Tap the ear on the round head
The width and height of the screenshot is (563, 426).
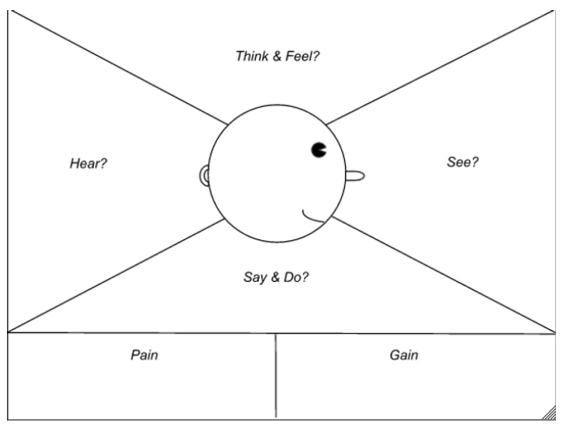click(x=205, y=176)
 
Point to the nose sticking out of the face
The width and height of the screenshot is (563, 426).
click(x=354, y=176)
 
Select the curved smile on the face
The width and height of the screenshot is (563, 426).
click(x=313, y=216)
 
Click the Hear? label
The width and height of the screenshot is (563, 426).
click(x=88, y=164)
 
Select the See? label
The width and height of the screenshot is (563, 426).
click(x=462, y=163)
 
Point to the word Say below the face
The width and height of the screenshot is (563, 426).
click(x=255, y=277)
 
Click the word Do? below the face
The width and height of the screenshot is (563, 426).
click(x=298, y=277)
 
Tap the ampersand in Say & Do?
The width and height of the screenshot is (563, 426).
click(x=276, y=277)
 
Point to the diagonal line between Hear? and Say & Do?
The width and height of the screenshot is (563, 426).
click(x=116, y=275)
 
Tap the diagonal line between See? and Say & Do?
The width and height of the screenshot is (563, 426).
click(x=442, y=275)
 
